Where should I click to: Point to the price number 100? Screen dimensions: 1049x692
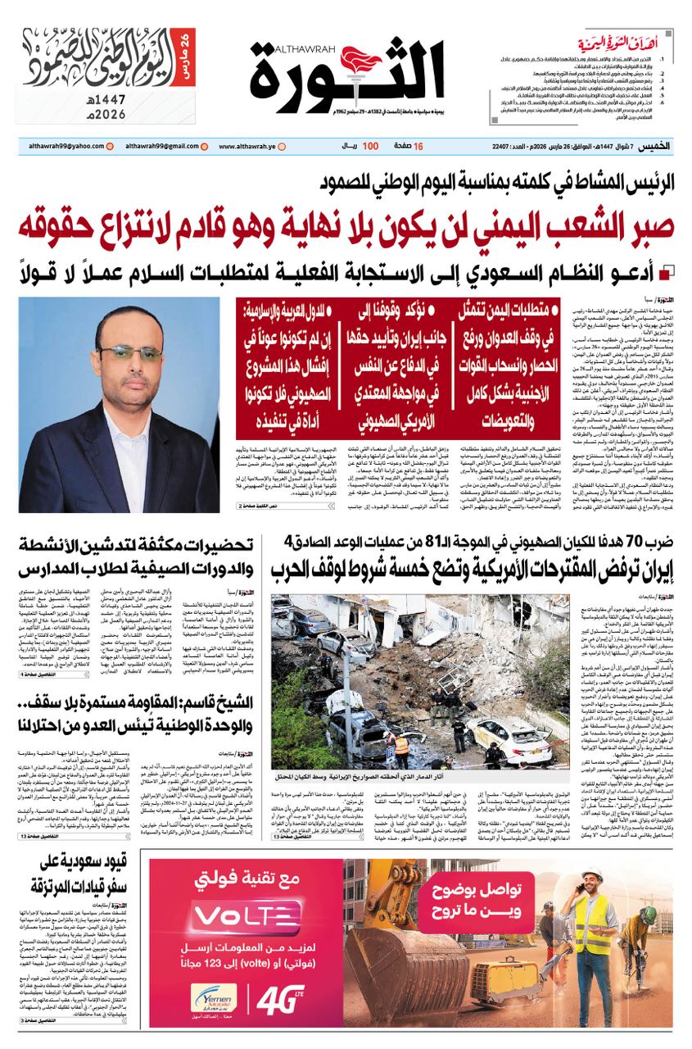pos(370,146)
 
